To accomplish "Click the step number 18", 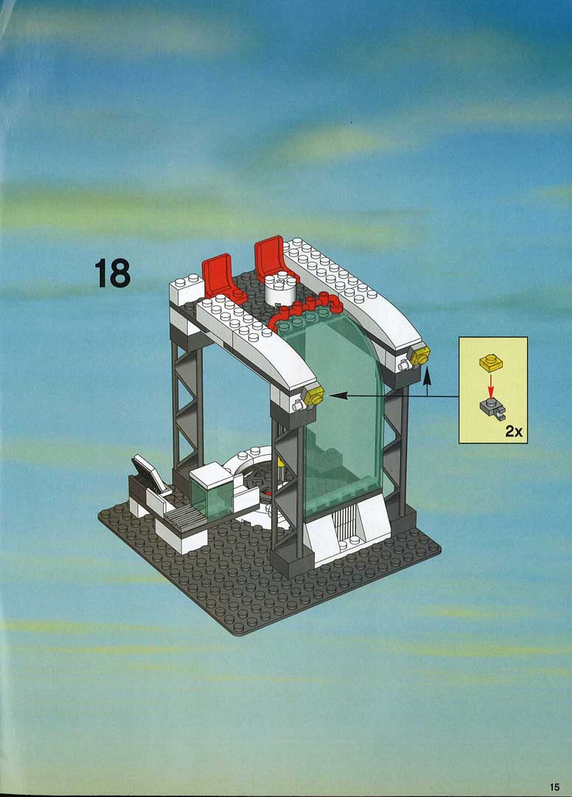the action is point(112,273).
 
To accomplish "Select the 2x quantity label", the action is point(514,431).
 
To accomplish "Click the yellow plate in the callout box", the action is point(490,362).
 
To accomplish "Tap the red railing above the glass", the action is point(304,310).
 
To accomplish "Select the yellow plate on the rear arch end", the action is point(420,355).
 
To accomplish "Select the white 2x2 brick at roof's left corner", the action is point(186,290).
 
